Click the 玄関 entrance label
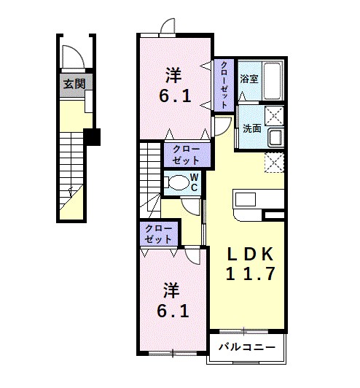[74, 84]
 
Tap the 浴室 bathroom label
[249, 78]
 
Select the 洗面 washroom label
[252, 128]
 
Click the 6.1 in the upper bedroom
[175, 95]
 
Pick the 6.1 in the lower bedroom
[174, 311]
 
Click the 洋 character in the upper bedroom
[173, 74]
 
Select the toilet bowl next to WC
[175, 183]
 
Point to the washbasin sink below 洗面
[275, 137]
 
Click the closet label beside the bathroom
[224, 85]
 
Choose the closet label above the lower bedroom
[158, 234]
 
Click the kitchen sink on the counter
[244, 199]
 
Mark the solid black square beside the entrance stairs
[91, 136]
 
